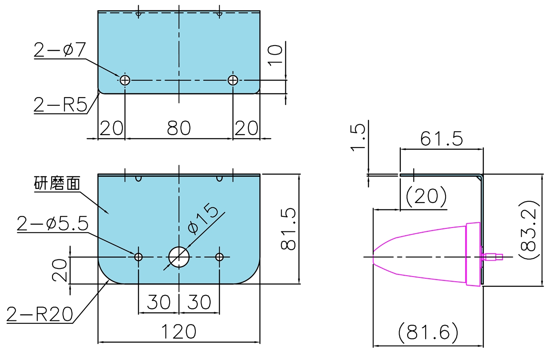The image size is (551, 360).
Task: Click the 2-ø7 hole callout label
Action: (60, 50)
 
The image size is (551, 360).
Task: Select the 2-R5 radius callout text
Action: (61, 105)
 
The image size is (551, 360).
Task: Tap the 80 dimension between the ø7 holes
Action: (179, 128)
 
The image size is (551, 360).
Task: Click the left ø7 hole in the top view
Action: (125, 80)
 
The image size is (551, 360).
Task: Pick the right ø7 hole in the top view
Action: (233, 80)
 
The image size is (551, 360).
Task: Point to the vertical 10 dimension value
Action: (275, 55)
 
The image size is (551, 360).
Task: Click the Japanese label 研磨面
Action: (57, 183)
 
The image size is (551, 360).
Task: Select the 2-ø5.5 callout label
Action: (53, 224)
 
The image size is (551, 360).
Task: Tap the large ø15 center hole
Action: (179, 257)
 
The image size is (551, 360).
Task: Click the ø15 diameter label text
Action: (203, 218)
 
